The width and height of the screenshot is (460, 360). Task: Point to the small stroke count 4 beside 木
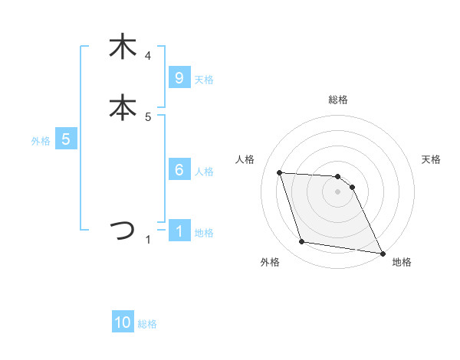tap(148, 55)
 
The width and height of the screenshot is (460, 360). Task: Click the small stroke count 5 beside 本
tap(148, 117)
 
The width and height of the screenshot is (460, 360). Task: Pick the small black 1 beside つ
tap(148, 240)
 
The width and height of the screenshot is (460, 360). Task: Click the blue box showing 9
tap(179, 77)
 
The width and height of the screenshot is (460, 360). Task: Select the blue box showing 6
tap(179, 170)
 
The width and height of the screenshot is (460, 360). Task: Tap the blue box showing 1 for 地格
tap(179, 231)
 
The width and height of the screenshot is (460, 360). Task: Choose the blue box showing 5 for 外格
tap(66, 139)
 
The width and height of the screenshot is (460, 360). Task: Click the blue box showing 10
tap(123, 322)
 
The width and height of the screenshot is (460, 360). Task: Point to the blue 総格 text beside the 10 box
tap(147, 324)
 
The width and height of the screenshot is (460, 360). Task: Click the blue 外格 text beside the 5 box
tap(41, 141)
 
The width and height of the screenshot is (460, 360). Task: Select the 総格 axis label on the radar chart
tap(338, 100)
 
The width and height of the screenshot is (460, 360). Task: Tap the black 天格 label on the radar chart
tap(432, 159)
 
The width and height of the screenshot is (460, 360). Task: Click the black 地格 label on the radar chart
tap(402, 262)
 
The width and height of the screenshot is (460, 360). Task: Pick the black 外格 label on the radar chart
tap(270, 262)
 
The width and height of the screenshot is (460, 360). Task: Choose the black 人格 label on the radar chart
tap(245, 159)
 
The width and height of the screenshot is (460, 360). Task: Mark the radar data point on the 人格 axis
tap(280, 173)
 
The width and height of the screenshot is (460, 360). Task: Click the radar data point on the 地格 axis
tap(382, 253)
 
